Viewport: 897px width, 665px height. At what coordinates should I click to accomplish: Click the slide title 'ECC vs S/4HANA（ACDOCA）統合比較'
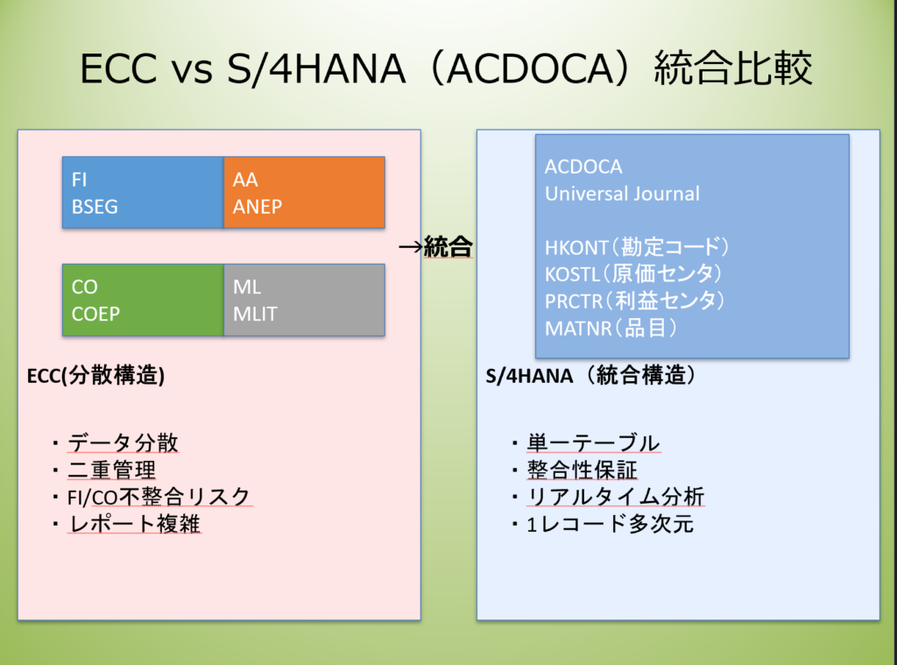447,69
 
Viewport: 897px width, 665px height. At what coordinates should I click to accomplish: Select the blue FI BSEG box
143,193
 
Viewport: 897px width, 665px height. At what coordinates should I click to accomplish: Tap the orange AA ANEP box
304,193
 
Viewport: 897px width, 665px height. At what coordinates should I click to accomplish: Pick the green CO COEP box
143,300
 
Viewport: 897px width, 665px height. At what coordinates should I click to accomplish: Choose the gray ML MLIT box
304,300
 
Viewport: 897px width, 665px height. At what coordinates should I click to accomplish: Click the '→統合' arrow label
436,246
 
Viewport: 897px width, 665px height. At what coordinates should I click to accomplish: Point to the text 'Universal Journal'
622,194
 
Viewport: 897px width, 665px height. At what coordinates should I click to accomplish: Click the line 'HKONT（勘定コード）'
637,247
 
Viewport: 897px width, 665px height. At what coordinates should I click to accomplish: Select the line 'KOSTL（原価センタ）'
633,274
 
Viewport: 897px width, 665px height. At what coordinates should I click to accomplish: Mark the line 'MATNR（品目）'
611,328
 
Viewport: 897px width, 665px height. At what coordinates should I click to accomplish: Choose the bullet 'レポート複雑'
134,524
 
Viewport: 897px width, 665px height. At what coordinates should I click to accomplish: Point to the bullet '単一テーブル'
593,443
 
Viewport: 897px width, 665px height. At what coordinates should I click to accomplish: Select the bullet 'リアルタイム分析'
615,498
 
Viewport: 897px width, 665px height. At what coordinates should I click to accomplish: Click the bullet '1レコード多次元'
610,524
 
